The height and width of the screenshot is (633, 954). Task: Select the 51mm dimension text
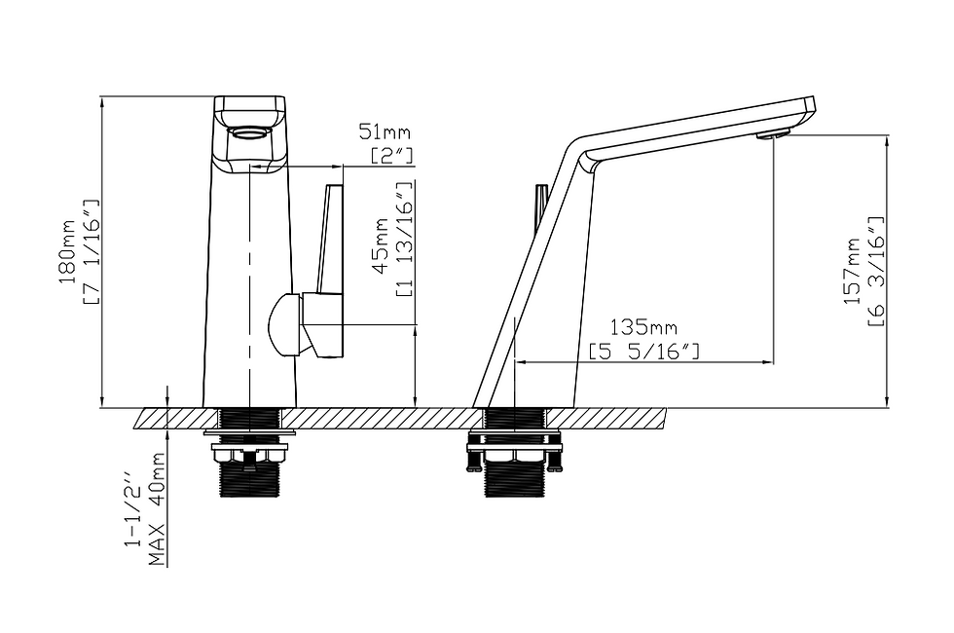point(385,132)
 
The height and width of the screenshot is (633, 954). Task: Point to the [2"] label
point(392,154)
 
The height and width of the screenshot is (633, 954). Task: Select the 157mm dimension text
point(853,272)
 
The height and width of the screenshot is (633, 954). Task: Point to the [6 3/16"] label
point(875,272)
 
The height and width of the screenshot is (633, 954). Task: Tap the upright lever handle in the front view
point(331,239)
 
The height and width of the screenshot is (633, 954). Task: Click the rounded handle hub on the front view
point(285,324)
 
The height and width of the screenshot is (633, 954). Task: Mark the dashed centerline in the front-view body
point(250,292)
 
